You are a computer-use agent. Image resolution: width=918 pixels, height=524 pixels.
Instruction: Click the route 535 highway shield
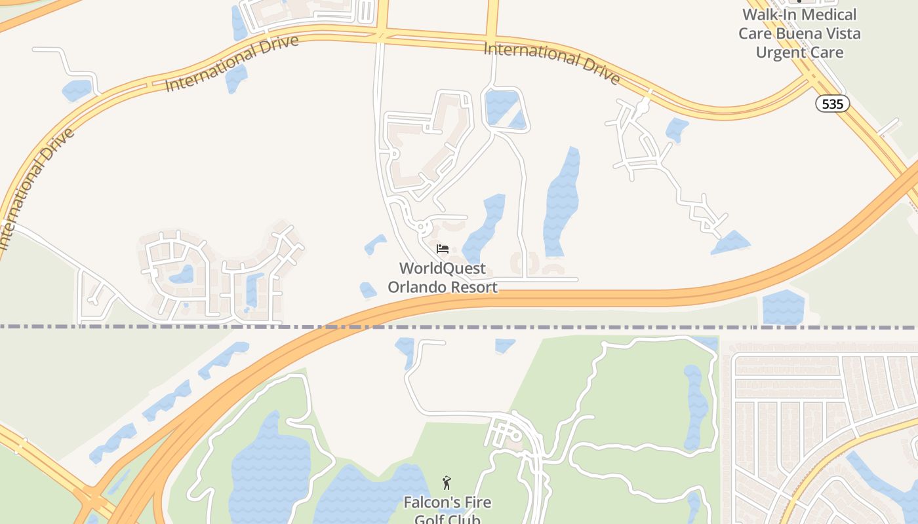833,103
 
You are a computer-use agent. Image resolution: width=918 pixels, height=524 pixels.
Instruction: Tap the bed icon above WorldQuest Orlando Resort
443,249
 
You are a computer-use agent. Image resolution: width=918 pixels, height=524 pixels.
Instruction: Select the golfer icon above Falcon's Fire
447,483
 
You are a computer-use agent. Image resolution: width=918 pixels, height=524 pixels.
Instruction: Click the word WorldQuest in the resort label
443,269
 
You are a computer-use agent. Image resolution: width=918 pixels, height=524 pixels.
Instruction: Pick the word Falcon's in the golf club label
429,503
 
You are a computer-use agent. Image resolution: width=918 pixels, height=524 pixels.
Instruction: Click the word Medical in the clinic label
829,14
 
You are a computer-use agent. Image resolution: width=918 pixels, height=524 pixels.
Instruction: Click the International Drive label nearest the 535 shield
552,63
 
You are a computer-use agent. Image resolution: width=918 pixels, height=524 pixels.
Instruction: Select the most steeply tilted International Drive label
36,190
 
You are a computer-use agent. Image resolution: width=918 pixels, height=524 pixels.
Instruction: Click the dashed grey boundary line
197,326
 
